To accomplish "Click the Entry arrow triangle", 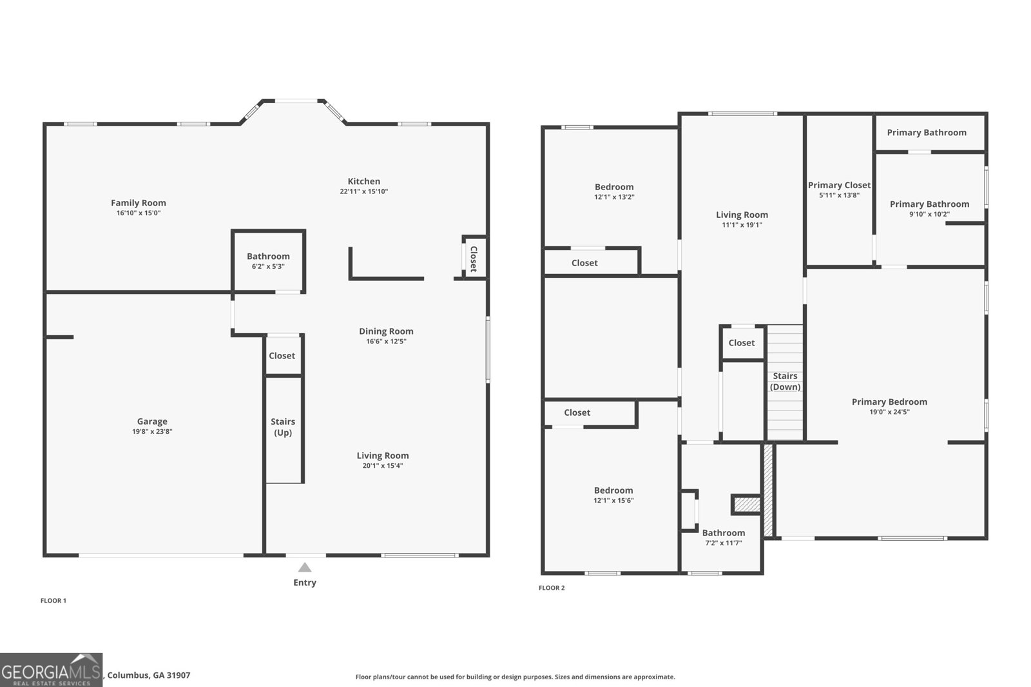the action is point(305,567).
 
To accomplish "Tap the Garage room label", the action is point(152,421).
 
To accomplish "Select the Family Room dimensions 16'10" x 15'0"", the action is point(139,213).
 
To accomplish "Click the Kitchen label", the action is point(363,182).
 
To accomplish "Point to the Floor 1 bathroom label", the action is point(268,256).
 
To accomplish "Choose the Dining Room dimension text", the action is point(386,341).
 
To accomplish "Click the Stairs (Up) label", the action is point(283,427).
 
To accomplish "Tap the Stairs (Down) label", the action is point(785,382).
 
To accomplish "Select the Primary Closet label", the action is point(840,185).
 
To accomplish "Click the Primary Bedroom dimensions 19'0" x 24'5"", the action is point(890,412).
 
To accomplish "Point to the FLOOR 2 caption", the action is point(552,588).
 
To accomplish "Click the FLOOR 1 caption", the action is point(53,601).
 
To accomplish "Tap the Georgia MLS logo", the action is point(51,670).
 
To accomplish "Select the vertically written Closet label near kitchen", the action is point(474,259).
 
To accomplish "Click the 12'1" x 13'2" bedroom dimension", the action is point(615,197).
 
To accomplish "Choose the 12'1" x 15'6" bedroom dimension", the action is point(613,501).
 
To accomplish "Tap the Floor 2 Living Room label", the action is point(742,215).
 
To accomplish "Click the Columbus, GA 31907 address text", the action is point(149,675).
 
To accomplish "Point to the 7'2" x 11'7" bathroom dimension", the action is point(724,543).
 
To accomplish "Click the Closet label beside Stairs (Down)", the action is point(742,343).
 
